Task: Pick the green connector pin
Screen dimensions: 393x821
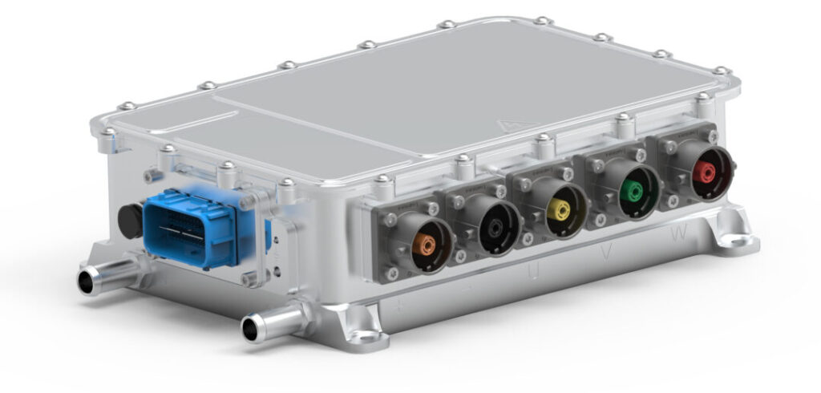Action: (x=635, y=191)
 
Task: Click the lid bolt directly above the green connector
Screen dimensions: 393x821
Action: (x=623, y=121)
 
